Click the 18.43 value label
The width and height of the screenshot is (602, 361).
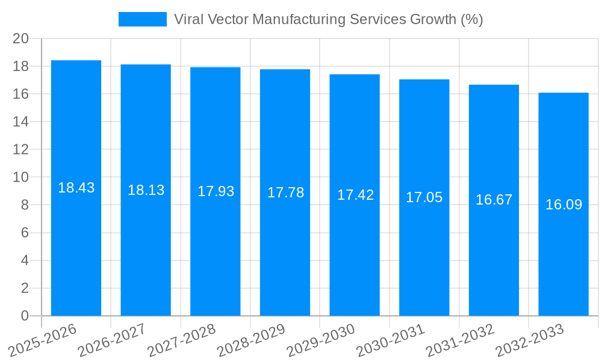(76, 188)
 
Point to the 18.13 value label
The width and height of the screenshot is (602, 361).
(146, 190)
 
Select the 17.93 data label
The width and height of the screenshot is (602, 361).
(216, 191)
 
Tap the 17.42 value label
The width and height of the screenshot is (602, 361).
(355, 195)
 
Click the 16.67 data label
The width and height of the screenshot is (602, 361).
(494, 200)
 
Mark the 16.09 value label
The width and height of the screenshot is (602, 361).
(563, 205)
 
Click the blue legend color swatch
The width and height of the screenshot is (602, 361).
(142, 19)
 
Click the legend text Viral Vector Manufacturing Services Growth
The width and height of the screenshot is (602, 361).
(328, 19)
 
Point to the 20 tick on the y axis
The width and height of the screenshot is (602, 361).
(21, 39)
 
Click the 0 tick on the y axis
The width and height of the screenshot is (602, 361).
(25, 316)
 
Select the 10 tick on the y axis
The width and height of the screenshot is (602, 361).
(21, 177)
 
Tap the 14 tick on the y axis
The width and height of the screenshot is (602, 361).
(21, 122)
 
